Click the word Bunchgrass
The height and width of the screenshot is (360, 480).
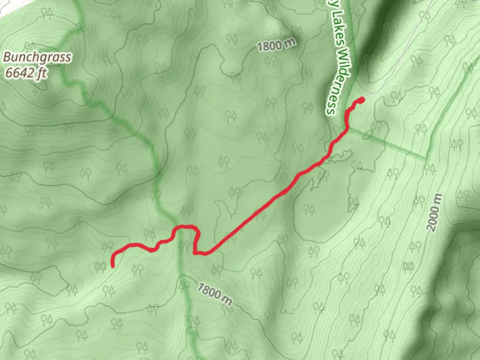[37, 57]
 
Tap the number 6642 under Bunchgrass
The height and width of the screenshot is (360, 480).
[20, 73]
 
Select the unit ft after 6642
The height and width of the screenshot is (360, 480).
[41, 73]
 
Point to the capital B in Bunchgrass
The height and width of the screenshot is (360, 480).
[7, 57]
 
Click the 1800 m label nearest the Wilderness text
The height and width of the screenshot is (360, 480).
[276, 45]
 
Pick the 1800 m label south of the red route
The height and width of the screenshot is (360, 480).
[214, 294]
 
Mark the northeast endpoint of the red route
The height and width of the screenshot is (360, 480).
[362, 99]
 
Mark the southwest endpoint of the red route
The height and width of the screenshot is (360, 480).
[113, 266]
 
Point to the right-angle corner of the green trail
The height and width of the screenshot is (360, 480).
[426, 157]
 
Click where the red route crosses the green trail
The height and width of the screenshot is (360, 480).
[180, 227]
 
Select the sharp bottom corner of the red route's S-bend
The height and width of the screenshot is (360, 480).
[194, 253]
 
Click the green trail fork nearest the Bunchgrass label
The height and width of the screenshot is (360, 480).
[79, 27]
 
